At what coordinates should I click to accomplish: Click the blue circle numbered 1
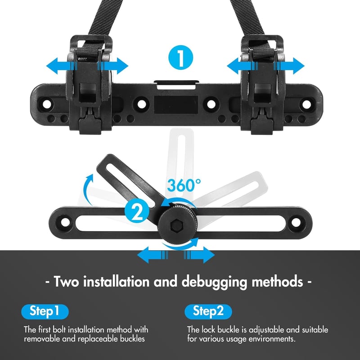(x=181, y=58)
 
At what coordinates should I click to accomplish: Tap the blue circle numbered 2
(x=137, y=211)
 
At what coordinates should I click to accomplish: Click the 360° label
(x=184, y=185)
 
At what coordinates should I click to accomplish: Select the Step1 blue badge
(x=45, y=311)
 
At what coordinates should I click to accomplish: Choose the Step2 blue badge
(x=208, y=311)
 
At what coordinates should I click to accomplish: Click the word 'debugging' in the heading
(x=214, y=282)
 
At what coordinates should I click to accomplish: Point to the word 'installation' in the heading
(x=116, y=281)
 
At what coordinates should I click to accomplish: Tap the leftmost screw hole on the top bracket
(x=47, y=104)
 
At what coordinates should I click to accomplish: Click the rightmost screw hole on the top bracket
(x=307, y=104)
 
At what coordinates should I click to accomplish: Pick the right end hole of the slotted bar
(x=296, y=222)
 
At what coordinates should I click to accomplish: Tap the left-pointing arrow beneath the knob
(x=153, y=255)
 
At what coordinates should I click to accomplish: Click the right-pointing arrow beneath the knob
(x=199, y=255)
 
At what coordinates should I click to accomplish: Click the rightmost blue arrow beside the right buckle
(x=289, y=66)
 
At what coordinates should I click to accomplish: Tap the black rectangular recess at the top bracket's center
(x=176, y=105)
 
